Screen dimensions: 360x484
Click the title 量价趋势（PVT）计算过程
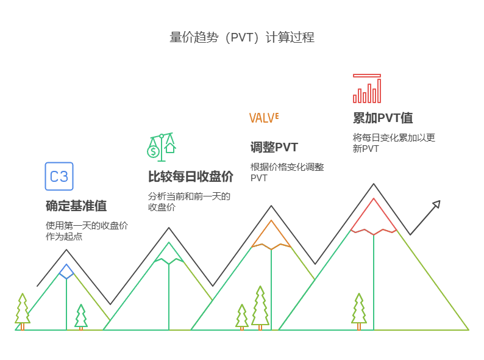pyautogui.click(x=242, y=37)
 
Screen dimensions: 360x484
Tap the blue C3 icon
pyautogui.click(x=59, y=176)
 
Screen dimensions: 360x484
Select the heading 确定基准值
pyautogui.click(x=76, y=206)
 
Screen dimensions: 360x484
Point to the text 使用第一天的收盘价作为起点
pyautogui.click(x=87, y=231)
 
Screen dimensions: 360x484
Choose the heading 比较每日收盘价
pyautogui.click(x=191, y=177)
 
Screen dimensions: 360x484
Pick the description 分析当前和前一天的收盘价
pyautogui.click(x=189, y=201)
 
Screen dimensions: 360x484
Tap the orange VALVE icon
pyautogui.click(x=264, y=118)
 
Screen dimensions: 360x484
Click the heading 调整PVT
pyautogui.click(x=274, y=147)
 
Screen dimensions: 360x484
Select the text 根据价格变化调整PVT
pyautogui.click(x=287, y=172)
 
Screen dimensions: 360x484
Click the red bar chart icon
pyautogui.click(x=367, y=89)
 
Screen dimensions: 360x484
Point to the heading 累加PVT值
pyautogui.click(x=383, y=118)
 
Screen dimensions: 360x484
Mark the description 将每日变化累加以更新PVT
pyautogui.click(x=394, y=143)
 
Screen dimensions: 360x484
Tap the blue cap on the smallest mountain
pyautogui.click(x=66, y=271)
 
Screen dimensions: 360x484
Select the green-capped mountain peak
pyautogui.click(x=169, y=253)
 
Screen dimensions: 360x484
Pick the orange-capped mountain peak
pyautogui.click(x=271, y=235)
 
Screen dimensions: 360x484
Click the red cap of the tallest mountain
pyautogui.click(x=374, y=217)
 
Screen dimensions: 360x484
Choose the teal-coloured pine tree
pyautogui.click(x=81, y=317)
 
